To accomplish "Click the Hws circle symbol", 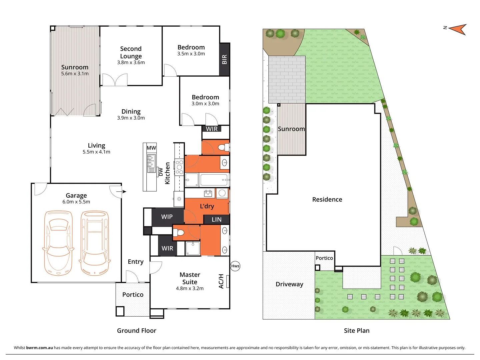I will pos(235,266).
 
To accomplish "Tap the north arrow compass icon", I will pos(458,29).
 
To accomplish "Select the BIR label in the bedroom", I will pos(224,59).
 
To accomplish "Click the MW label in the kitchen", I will pos(151,148).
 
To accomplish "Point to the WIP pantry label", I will pos(167,217).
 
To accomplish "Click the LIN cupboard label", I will pos(216,219).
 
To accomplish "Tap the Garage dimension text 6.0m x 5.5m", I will pos(76,202).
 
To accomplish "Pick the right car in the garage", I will pos(95,243).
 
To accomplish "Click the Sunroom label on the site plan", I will pos(291,129).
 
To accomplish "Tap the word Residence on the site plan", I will pos(327,199).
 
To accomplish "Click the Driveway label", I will pos(289,284).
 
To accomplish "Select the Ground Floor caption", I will pos(136,330).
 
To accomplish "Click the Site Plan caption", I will pos(357,330).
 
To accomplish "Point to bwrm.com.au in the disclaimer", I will pos(39,348).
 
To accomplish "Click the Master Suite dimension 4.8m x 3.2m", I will pos(190,288).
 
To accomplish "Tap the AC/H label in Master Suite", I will pos(221,281).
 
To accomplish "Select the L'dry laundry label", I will pos(207,206).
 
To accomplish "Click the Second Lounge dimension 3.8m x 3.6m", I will pos(131,62).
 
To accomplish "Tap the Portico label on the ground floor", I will pos(133,294).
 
